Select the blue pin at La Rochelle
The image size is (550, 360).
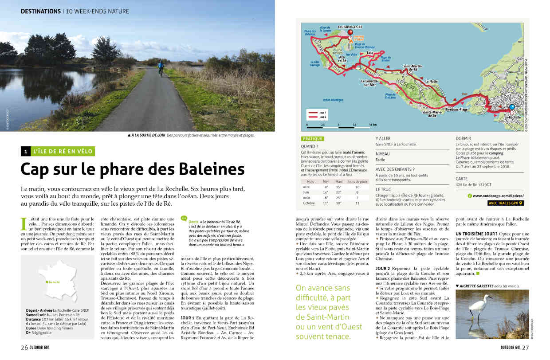click(x=512, y=107)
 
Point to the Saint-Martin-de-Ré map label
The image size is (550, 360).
click(x=412, y=67)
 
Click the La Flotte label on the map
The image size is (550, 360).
click(x=431, y=82)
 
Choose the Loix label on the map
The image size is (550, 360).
click(x=369, y=52)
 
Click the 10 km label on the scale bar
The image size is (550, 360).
click(x=373, y=125)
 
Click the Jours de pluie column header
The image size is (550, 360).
click(x=357, y=181)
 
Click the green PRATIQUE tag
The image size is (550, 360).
click(x=312, y=139)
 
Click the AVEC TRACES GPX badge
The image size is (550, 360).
click(x=505, y=203)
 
